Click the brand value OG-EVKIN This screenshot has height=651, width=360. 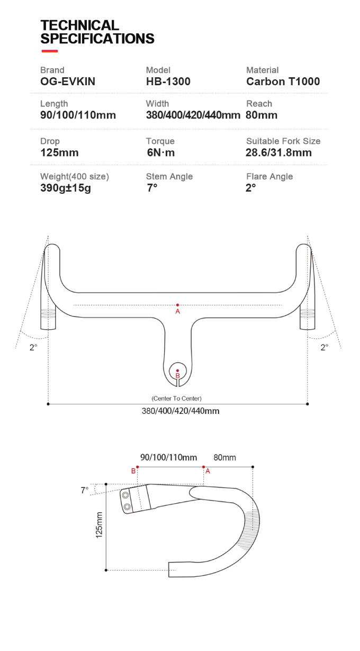click(x=68, y=82)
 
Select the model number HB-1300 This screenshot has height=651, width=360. click(x=168, y=82)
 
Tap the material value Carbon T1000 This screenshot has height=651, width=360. click(x=283, y=82)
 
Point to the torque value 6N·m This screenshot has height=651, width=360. click(x=160, y=153)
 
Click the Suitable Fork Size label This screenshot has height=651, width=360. click(x=283, y=141)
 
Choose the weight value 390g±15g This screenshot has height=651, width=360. click(x=66, y=188)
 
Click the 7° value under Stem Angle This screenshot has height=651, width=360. click(x=152, y=188)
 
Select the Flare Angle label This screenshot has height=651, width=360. click(x=269, y=177)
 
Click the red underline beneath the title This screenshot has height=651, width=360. click(x=49, y=51)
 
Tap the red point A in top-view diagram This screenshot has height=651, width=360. click(x=177, y=305)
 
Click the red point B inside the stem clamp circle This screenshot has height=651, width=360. click(x=177, y=370)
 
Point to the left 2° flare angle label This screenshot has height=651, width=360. click(x=33, y=348)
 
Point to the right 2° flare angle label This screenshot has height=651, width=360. click(x=324, y=348)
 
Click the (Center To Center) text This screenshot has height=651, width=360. click(x=176, y=398)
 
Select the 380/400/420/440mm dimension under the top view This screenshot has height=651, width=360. click(x=180, y=411)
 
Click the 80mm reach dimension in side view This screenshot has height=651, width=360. click(x=224, y=457)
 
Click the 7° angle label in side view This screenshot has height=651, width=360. click(x=84, y=491)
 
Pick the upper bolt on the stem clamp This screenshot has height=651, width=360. click(x=127, y=495)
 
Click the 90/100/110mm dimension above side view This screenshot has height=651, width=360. click(x=168, y=457)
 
